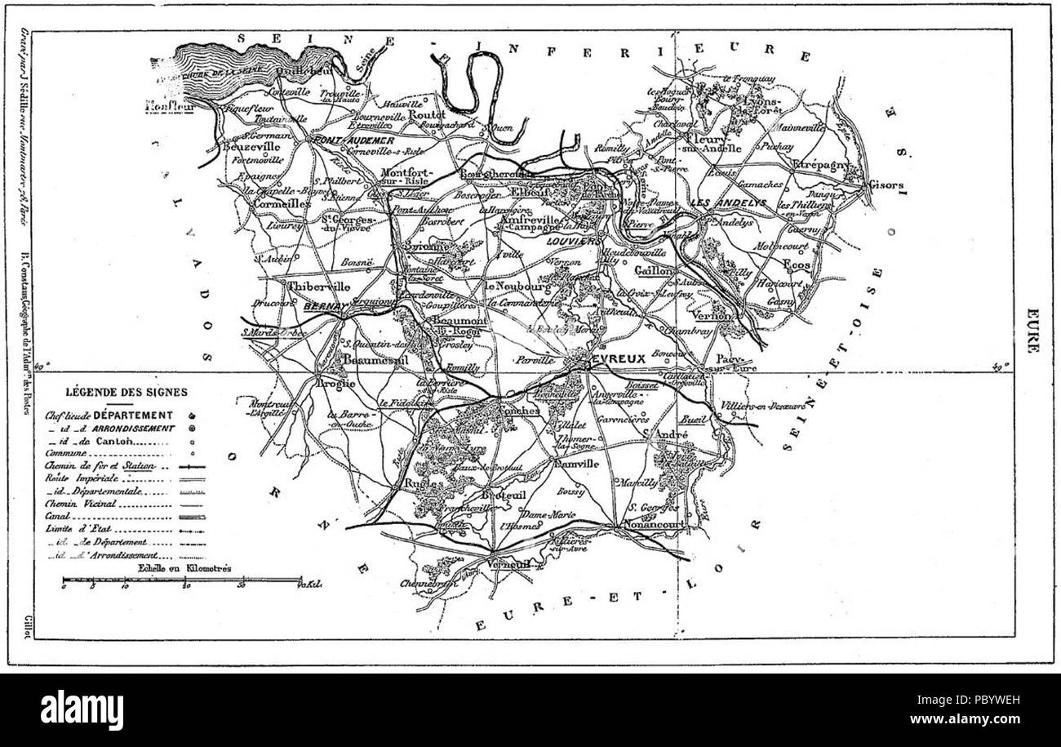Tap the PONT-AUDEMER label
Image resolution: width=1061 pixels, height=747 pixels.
pyautogui.click(x=339, y=140)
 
